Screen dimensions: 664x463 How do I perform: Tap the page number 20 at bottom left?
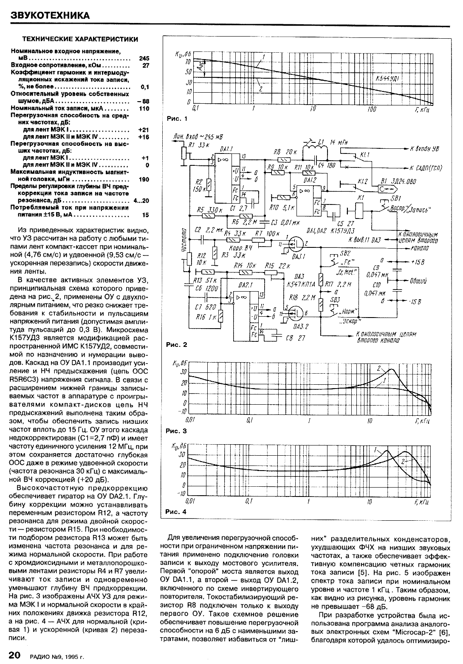coord(15,655)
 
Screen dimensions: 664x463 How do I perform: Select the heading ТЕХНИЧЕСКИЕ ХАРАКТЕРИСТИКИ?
coord(80,39)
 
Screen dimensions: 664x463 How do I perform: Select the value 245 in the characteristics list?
coord(144,57)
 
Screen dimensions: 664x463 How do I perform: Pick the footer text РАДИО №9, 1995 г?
coord(57,656)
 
